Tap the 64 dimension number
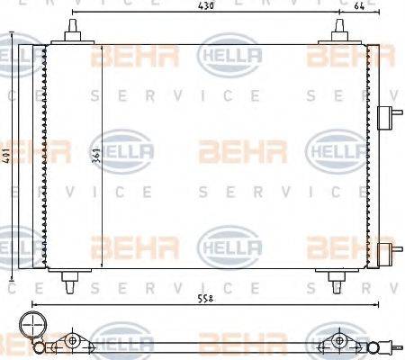(359, 8)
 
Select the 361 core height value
(95, 157)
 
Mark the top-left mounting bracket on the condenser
(71, 34)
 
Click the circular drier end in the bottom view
(33, 326)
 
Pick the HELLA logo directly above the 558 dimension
(229, 244)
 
